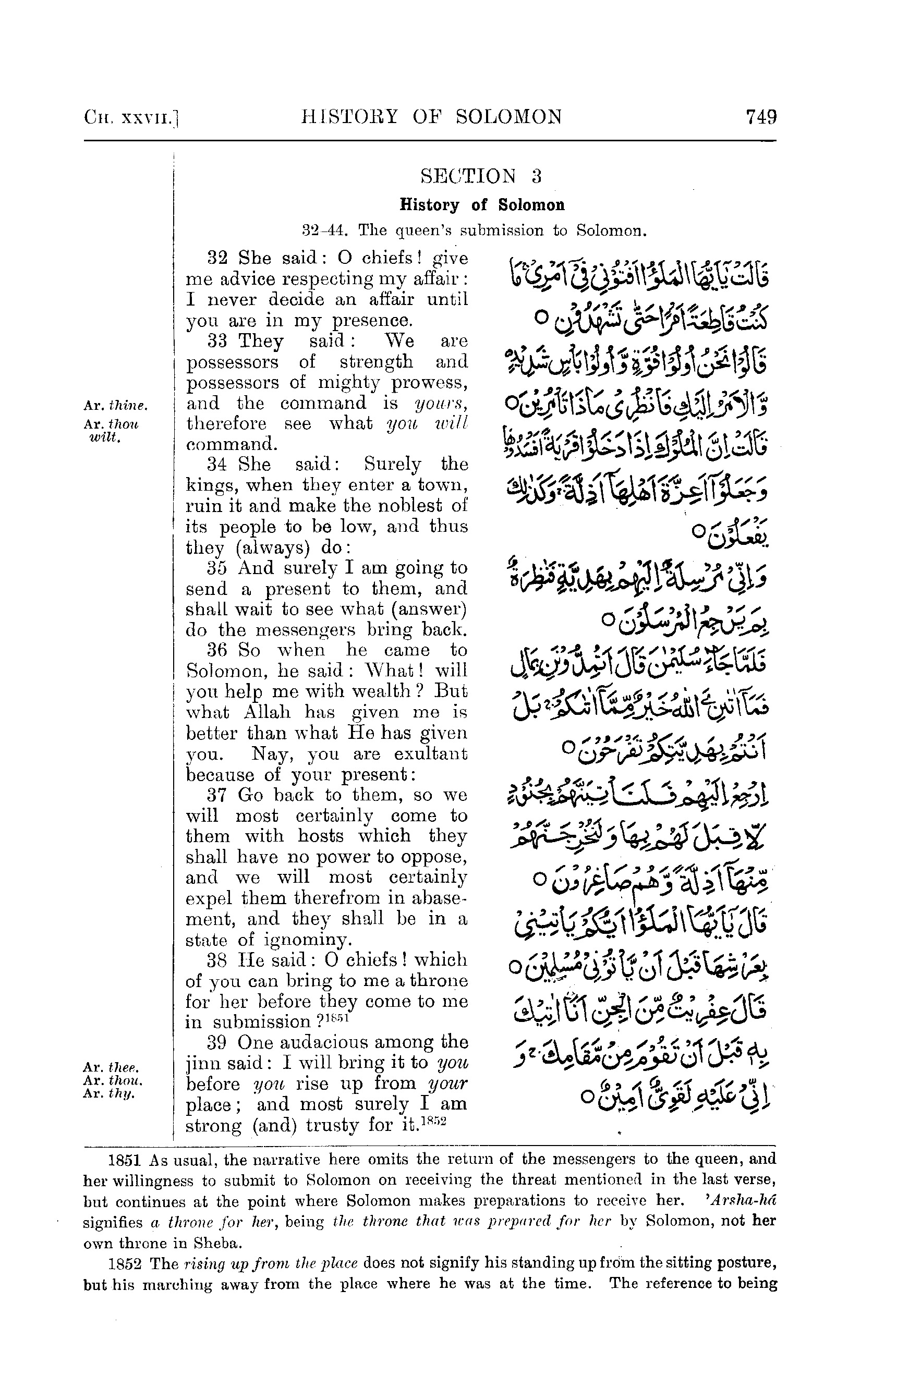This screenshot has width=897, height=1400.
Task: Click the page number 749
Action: click(761, 117)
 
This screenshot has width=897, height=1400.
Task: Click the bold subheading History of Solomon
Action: click(482, 205)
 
